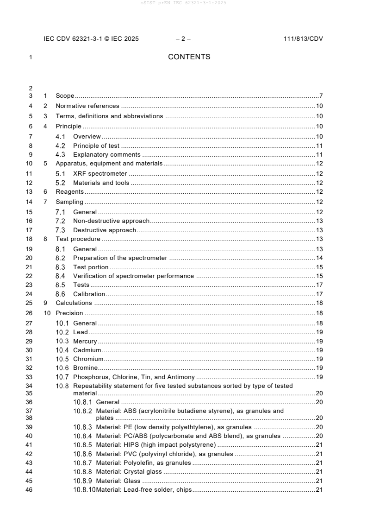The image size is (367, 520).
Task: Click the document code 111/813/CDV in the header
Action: (x=303, y=39)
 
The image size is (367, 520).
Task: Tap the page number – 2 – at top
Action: (x=183, y=39)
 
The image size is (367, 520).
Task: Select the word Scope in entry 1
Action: (x=65, y=96)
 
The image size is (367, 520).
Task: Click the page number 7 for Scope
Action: (x=321, y=96)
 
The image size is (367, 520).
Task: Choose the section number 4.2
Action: (x=60, y=146)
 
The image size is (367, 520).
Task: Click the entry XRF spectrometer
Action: (x=100, y=174)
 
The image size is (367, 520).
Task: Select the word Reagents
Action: (x=69, y=192)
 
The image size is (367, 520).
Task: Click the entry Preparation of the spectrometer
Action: (x=120, y=258)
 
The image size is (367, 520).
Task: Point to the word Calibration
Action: (x=89, y=294)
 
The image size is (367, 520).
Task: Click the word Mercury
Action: (x=85, y=342)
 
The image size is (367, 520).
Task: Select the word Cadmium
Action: (x=87, y=350)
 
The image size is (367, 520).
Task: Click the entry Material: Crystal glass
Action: (x=129, y=472)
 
